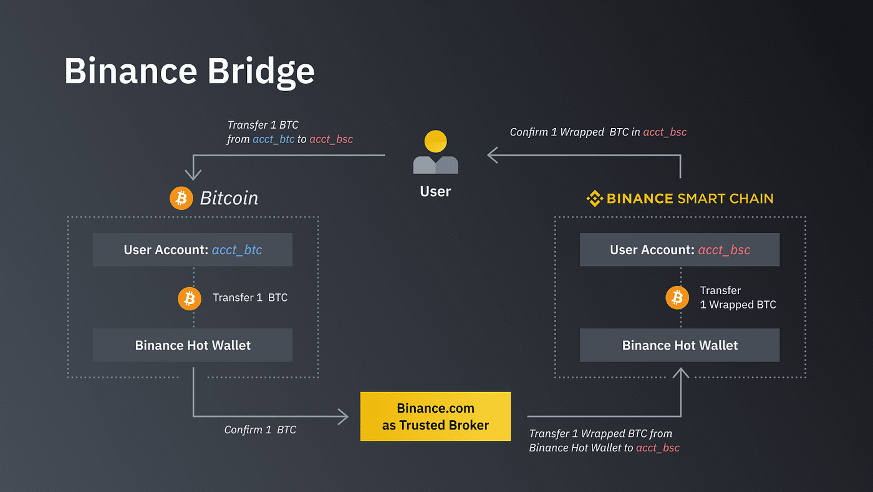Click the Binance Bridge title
point(189,71)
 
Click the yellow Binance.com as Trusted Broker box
point(435,416)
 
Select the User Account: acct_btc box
point(193,250)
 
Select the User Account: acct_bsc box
point(680,250)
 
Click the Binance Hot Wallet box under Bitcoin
point(193,345)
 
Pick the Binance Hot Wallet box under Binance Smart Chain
point(680,345)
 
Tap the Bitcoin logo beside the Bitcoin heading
point(181,199)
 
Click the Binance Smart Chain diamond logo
point(595,199)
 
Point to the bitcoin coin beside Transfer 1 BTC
point(190,298)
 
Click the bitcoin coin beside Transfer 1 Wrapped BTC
point(677,298)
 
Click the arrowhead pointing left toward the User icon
point(492,155)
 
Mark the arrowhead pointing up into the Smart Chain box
point(680,373)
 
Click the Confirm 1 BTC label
point(260,430)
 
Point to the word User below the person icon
point(435,191)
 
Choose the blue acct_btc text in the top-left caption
point(273,139)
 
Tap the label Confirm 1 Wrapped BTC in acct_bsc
point(598,132)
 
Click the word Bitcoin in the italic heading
point(229,199)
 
